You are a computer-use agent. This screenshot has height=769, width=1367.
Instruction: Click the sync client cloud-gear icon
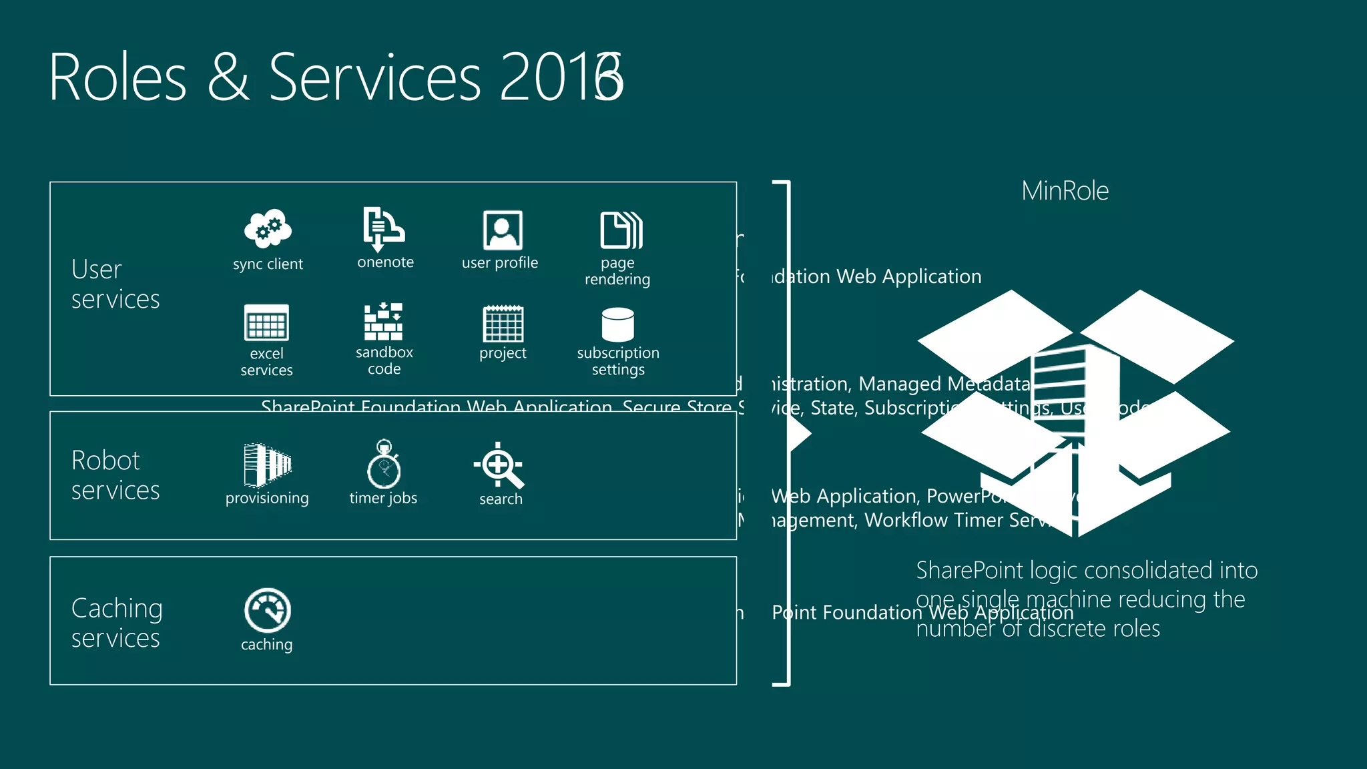coord(268,228)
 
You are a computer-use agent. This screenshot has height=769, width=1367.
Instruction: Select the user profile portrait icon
coord(503,230)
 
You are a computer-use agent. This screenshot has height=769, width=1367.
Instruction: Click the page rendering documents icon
coord(621,230)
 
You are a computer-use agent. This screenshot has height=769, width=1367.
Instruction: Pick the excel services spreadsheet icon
coord(266,322)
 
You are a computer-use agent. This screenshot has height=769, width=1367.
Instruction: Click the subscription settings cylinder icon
coord(618,324)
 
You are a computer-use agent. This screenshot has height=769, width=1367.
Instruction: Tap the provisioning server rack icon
coord(267,465)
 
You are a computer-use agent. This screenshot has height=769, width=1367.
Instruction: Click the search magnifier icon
coord(499,465)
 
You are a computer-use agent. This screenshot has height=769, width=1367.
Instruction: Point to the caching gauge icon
coord(267,610)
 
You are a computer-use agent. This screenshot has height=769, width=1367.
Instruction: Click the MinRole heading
coord(1065,191)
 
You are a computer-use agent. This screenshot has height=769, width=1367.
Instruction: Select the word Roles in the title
coord(117,78)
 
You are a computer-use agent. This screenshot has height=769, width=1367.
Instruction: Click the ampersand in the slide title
coord(228,78)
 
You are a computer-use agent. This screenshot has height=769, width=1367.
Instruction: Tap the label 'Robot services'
coord(115,475)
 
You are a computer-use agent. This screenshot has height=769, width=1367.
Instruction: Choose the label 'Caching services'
coord(116,623)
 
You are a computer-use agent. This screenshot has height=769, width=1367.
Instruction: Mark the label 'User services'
coord(115,284)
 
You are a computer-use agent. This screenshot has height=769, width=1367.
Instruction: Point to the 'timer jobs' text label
coord(383,498)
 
